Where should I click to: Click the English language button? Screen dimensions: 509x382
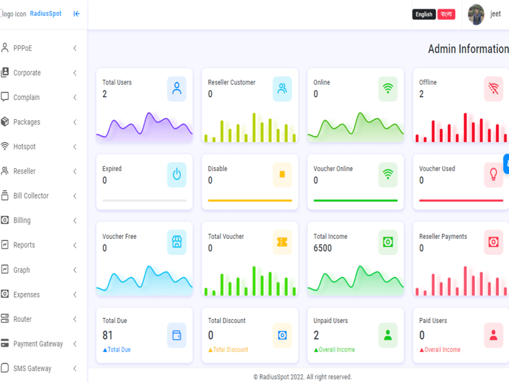(x=424, y=14)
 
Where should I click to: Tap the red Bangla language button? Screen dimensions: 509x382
(x=446, y=14)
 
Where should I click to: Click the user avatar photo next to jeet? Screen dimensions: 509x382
(x=476, y=14)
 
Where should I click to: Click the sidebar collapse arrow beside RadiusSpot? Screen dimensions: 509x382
(x=76, y=14)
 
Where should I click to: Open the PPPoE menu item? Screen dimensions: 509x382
(x=23, y=48)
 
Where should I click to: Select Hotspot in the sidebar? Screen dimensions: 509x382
(x=24, y=147)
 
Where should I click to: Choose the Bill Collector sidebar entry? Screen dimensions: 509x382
(x=31, y=196)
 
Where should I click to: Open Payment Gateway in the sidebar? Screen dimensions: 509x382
(x=38, y=344)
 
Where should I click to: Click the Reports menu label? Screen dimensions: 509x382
(x=24, y=245)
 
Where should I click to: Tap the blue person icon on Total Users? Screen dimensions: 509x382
(x=177, y=89)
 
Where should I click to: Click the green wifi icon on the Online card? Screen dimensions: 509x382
(x=388, y=89)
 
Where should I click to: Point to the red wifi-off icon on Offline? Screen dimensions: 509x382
(x=493, y=89)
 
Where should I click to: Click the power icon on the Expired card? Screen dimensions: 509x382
(x=177, y=175)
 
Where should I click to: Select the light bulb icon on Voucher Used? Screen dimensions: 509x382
(x=493, y=175)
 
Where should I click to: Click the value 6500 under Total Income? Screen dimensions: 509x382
(x=323, y=248)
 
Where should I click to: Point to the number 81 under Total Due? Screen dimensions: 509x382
(x=107, y=335)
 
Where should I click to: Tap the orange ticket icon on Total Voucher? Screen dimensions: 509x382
(x=282, y=242)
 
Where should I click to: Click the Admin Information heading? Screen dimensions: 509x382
(x=468, y=49)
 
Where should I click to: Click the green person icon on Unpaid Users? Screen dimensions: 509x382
(x=388, y=335)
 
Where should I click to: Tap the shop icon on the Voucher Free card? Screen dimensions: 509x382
(x=177, y=242)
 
